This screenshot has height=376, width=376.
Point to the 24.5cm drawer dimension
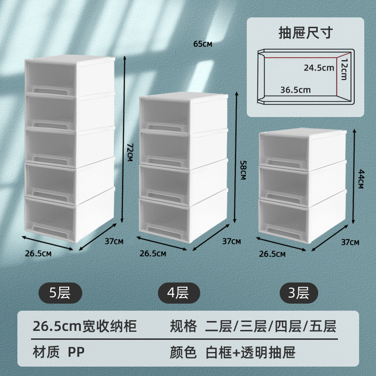[318, 68]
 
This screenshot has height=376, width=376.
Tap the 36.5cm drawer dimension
[295, 89]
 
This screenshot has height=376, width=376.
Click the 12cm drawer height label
[344, 69]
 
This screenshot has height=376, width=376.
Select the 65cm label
[203, 44]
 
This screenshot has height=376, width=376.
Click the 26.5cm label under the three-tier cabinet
[272, 254]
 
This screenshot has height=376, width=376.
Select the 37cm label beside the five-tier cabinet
[113, 242]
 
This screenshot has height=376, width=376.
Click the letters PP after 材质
[76, 352]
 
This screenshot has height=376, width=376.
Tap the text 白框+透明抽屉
[251, 352]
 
